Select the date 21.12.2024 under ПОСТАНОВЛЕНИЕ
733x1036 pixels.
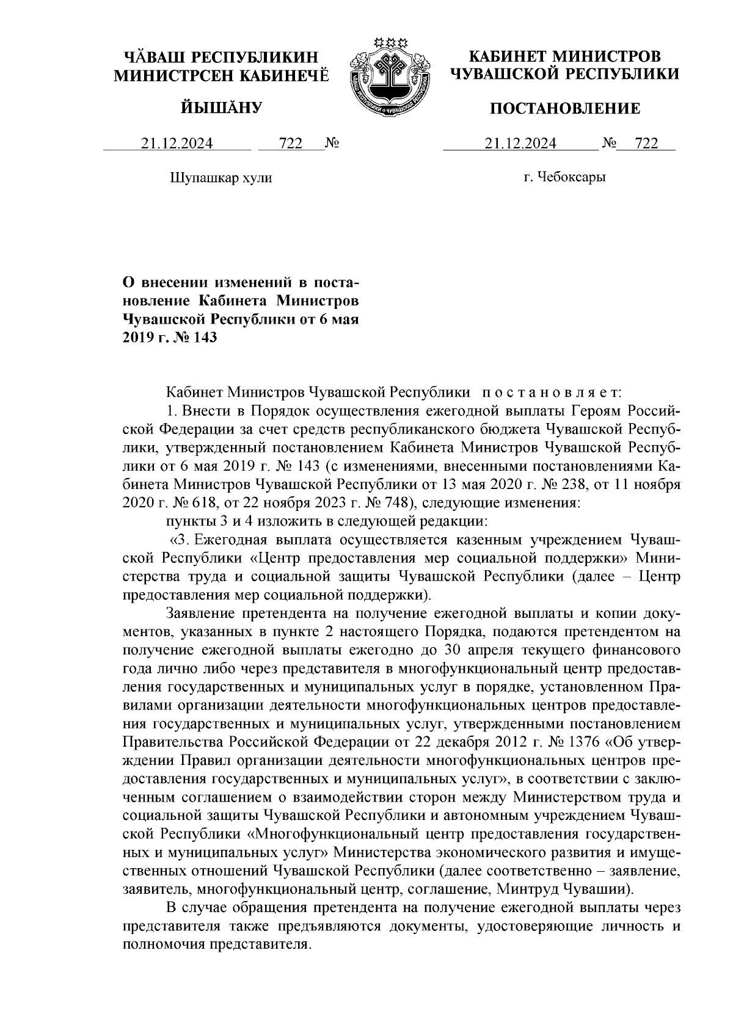click(520, 143)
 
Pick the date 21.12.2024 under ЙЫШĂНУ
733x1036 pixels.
click(177, 143)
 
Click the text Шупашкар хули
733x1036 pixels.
click(220, 178)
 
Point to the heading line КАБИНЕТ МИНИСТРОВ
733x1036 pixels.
click(564, 57)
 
